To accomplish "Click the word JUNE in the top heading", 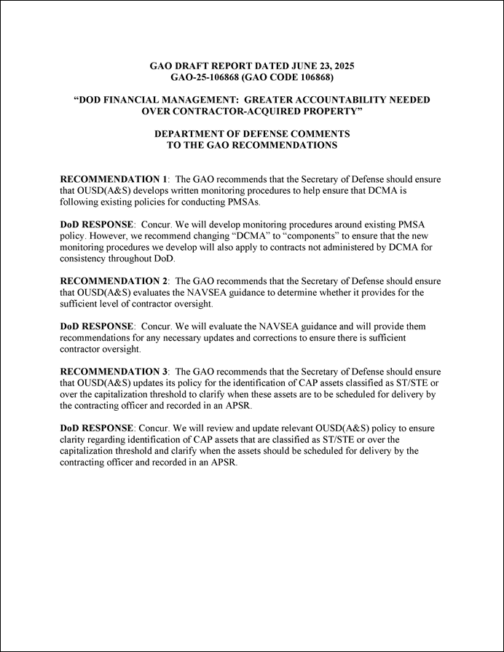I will pos(291,66).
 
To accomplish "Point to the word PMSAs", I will pos(245,202).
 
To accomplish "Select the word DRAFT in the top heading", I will pos(195,66).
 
